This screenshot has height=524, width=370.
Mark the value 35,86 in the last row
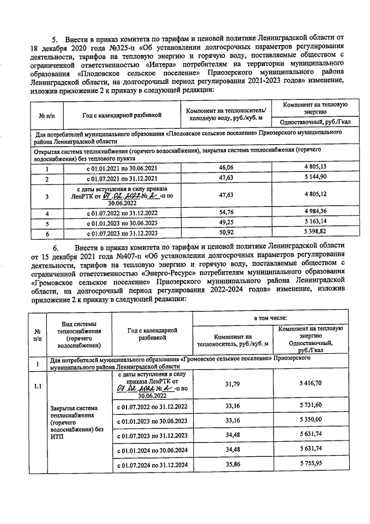[x=233, y=464]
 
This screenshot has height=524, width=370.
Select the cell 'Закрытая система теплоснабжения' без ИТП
[x=71, y=423]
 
